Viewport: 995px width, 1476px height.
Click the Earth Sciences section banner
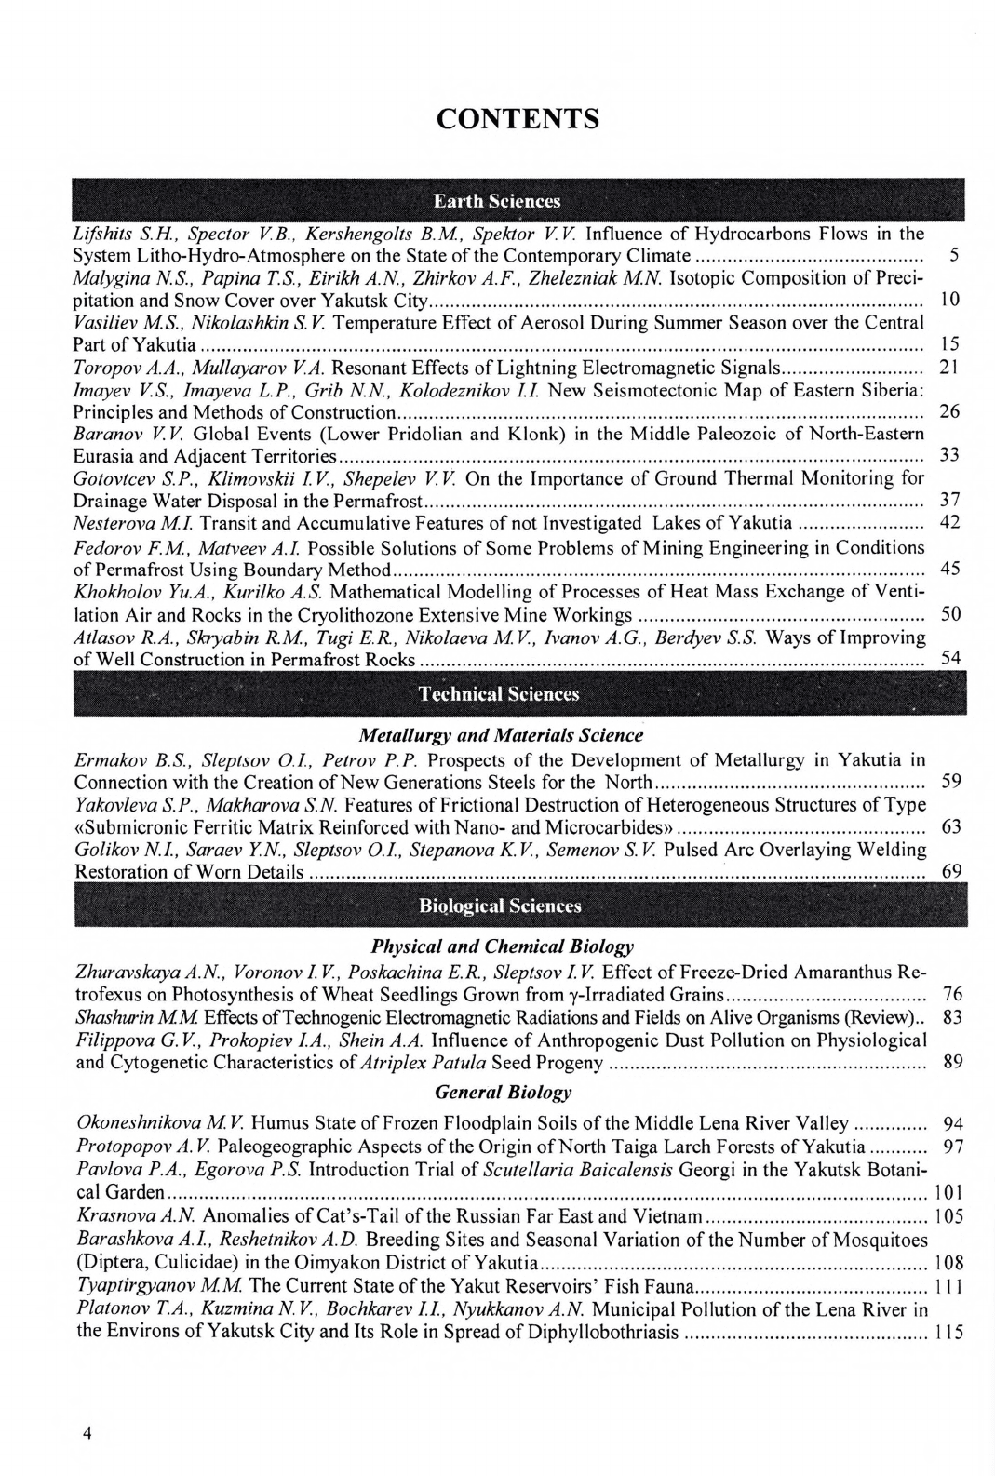[x=497, y=201]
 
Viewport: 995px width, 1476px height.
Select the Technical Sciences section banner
[x=499, y=694]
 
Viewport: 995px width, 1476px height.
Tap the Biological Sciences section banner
[x=500, y=906]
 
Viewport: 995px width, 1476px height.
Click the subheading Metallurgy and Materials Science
[x=501, y=735]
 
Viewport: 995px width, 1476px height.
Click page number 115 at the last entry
[x=948, y=1334]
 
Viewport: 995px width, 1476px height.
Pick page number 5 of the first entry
[x=954, y=255]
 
